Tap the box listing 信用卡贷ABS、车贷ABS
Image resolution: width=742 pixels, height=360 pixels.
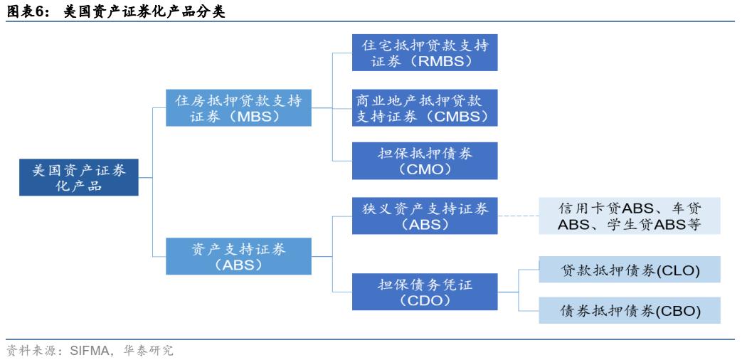coord(630,216)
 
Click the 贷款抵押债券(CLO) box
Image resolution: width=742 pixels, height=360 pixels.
coord(630,271)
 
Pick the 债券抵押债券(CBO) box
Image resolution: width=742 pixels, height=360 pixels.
coord(630,311)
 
